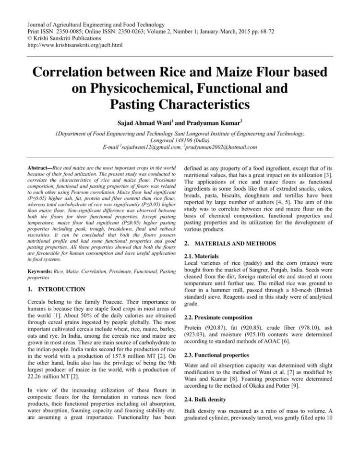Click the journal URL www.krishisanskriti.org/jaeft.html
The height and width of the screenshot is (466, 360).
click(x=75, y=45)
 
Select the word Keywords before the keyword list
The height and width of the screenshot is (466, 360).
click(x=41, y=271)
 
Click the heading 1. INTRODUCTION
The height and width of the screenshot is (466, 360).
click(x=56, y=289)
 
